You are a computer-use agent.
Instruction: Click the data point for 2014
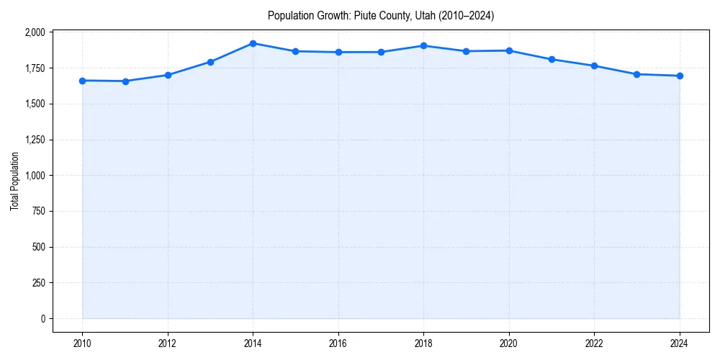tap(253, 43)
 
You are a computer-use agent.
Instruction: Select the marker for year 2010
tap(82, 81)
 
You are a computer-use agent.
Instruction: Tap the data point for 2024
tap(680, 76)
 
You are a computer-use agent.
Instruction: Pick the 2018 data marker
tap(423, 46)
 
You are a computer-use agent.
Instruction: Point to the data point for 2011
tap(125, 81)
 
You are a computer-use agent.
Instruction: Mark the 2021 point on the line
tap(552, 59)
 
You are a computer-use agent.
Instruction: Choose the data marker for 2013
tap(210, 62)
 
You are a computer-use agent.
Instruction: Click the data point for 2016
tap(338, 52)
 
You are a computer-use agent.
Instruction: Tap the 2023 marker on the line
tap(637, 74)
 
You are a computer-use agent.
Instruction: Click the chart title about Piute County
tap(380, 15)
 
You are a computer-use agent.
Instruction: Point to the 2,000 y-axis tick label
tap(35, 32)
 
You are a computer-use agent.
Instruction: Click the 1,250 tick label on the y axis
tap(35, 140)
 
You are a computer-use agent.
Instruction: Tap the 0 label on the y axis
tap(42, 318)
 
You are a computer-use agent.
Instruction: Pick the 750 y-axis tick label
tap(38, 211)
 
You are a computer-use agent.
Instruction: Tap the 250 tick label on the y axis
tap(38, 282)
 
